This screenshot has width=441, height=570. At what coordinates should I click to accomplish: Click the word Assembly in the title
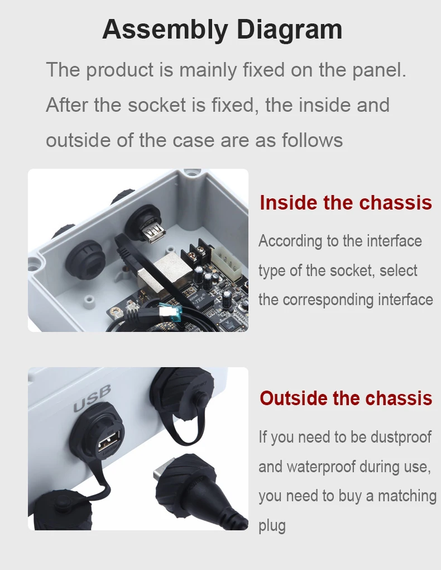[x=165, y=30]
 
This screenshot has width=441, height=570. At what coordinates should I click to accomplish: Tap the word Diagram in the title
[x=290, y=30]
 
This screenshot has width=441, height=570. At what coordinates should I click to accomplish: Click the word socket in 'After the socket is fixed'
[x=157, y=105]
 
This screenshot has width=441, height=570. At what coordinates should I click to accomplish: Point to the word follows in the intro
[x=313, y=140]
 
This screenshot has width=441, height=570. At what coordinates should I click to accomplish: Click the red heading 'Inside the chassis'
[x=346, y=202]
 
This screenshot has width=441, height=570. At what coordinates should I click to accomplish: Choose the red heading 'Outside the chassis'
[x=346, y=398]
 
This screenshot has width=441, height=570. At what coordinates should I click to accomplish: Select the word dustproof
[x=401, y=438]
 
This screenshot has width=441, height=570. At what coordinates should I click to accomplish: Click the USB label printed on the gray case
[x=92, y=399]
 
